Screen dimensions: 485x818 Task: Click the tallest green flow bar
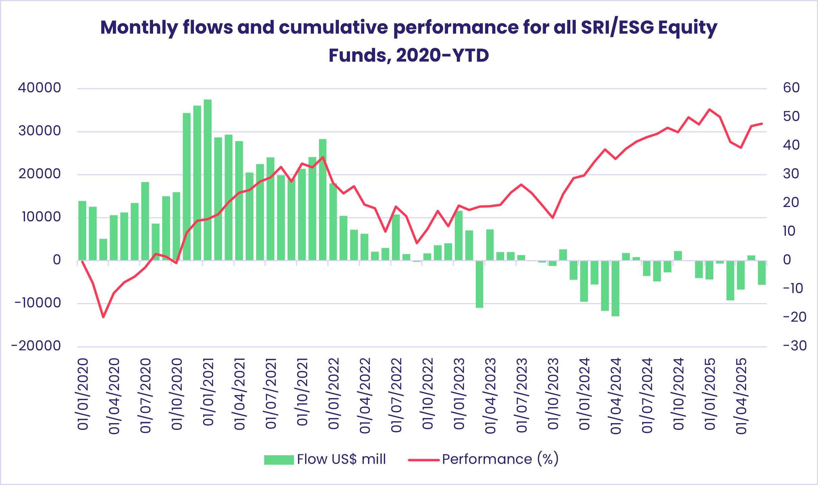[207, 179]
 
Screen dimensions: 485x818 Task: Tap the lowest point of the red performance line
[103, 317]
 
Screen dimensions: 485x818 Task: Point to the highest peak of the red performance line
[710, 110]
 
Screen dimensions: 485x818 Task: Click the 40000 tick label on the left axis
[40, 88]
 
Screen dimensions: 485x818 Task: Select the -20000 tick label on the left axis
[36, 346]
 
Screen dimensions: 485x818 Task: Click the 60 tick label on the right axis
[791, 88]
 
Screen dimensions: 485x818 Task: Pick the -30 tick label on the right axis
[795, 346]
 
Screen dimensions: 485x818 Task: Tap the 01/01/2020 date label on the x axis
[83, 394]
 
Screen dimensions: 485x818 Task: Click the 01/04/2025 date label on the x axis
[741, 396]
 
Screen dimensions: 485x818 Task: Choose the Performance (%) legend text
[500, 459]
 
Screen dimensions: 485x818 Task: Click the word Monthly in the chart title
[139, 28]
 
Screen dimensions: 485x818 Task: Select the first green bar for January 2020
[82, 231]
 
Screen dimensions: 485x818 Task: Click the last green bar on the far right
[762, 273]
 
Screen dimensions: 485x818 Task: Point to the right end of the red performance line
[762, 124]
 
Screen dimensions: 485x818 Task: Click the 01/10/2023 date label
[553, 394]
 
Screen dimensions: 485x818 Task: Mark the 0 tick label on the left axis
[57, 260]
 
